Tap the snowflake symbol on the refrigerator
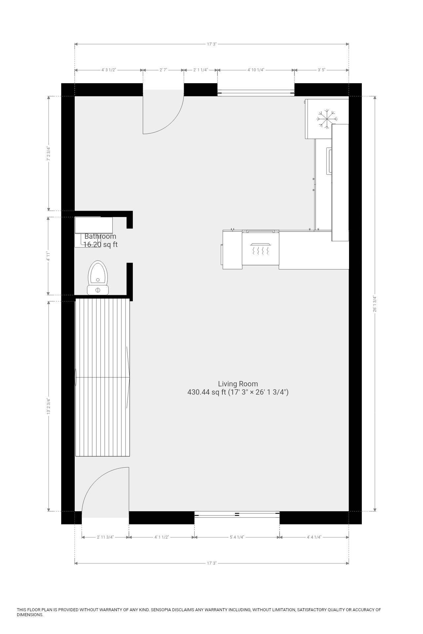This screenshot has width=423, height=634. [x=327, y=118]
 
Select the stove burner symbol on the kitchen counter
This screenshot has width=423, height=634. [x=261, y=249]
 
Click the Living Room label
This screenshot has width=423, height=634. [x=238, y=384]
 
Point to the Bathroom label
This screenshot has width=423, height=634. [x=100, y=236]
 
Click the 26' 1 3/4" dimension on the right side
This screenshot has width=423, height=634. [x=374, y=304]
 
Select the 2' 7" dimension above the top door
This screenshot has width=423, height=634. [x=163, y=70]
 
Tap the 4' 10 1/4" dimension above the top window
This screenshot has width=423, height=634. [x=256, y=70]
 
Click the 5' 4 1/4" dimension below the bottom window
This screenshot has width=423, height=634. [x=237, y=537]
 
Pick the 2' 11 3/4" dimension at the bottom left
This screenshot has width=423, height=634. [x=105, y=537]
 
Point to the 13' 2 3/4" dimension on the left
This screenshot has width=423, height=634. [x=49, y=406]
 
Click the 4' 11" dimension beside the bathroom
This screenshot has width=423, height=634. [x=48, y=256]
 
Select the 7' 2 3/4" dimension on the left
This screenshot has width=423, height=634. [x=49, y=154]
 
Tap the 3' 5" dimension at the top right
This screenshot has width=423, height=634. [x=322, y=70]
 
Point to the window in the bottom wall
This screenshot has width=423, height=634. [x=237, y=514]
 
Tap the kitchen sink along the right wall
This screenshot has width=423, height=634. [x=329, y=161]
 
